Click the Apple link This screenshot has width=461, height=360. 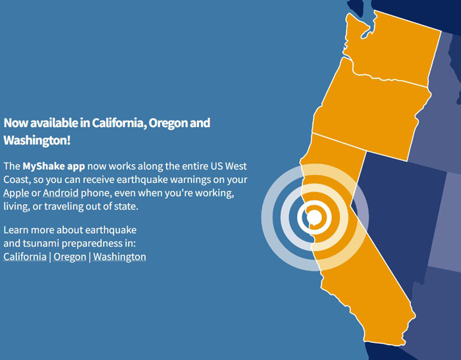pyautogui.click(x=16, y=193)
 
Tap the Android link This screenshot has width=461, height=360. pyautogui.click(x=61, y=193)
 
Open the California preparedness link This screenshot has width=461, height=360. pyautogui.click(x=25, y=257)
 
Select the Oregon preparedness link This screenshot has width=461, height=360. pyautogui.click(x=70, y=257)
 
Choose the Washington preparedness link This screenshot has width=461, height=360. pyautogui.click(x=119, y=257)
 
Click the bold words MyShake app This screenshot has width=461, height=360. pyautogui.click(x=54, y=167)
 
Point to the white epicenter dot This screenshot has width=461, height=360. pyautogui.click(x=314, y=217)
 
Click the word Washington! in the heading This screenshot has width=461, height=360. pyautogui.click(x=37, y=140)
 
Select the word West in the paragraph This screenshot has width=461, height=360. pyautogui.click(x=236, y=166)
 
